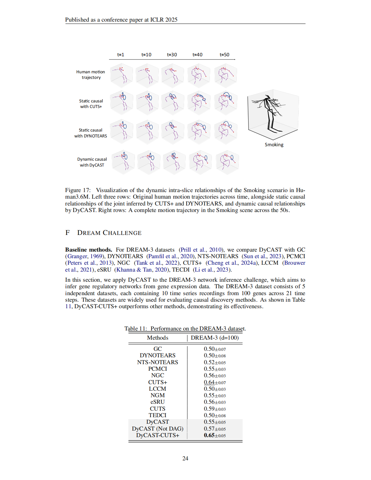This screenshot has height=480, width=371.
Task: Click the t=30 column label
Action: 172,55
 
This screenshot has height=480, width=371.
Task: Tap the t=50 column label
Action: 224,55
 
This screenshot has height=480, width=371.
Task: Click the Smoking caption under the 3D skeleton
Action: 274,145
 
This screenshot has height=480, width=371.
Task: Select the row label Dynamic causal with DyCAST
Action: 92,162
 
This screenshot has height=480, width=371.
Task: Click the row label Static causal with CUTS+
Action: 91,104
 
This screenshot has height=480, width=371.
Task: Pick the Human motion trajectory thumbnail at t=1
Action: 121,75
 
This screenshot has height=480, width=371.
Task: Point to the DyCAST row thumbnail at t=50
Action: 227,162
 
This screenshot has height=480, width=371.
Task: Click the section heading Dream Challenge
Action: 109,233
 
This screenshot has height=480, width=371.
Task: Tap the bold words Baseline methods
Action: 88,250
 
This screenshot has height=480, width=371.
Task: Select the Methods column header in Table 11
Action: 158,338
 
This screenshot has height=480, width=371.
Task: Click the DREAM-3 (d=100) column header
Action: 215,338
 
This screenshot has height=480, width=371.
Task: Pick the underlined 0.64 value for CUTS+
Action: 209,382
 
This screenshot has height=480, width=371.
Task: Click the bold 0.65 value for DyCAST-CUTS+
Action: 209,435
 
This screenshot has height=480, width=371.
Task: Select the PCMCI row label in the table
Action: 158,369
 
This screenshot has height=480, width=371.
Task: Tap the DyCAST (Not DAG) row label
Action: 158,429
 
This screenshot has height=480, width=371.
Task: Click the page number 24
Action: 185,458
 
